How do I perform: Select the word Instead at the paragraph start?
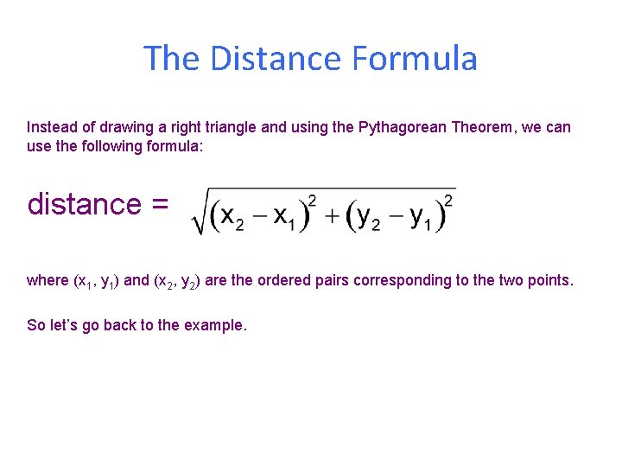[53, 127]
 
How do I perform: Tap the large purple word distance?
[83, 204]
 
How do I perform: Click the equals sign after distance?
[159, 205]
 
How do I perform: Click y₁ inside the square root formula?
[421, 217]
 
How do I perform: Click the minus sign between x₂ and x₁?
[258, 216]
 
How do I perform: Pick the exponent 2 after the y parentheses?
[447, 202]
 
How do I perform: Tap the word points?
[550, 280]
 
